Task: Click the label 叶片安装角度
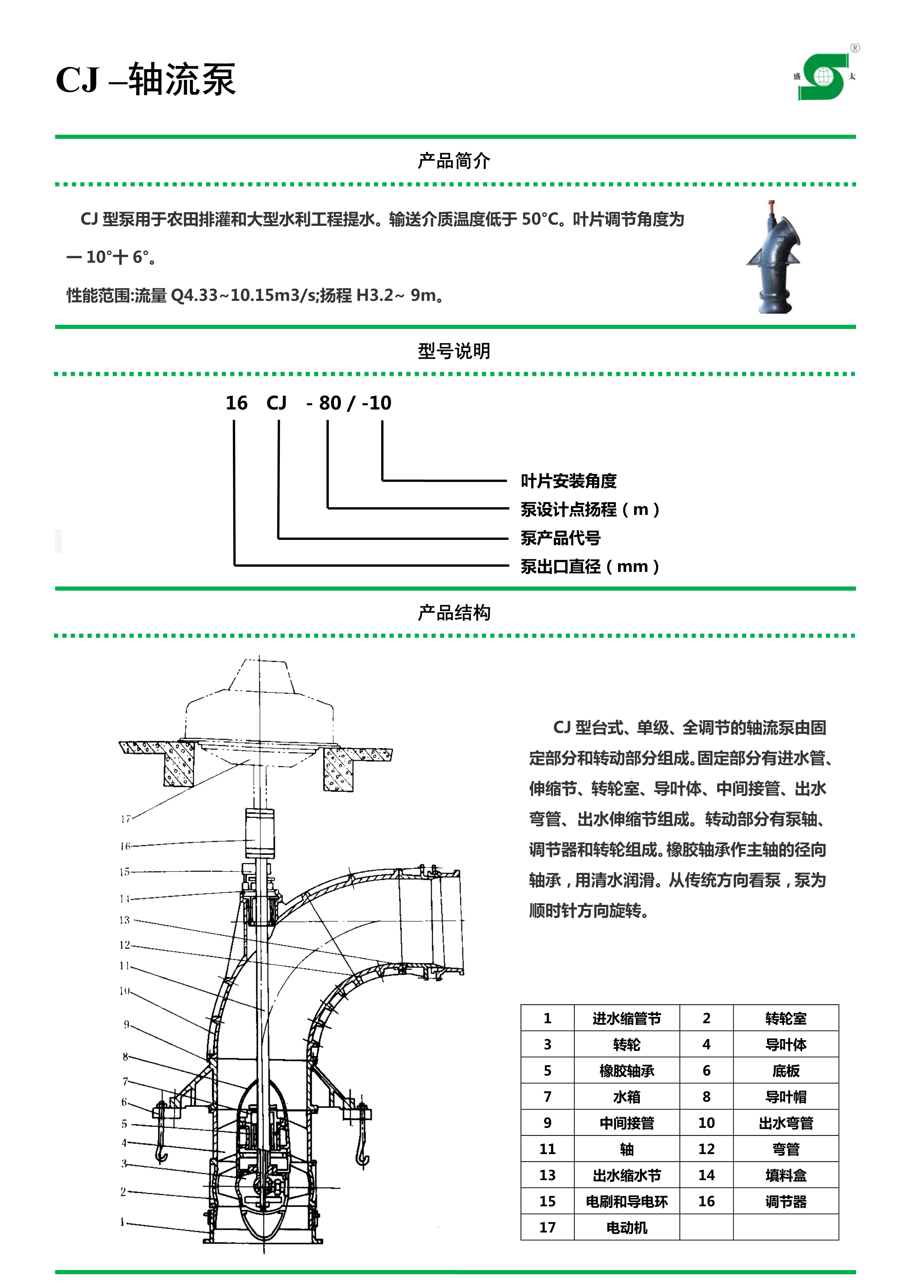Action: [568, 481]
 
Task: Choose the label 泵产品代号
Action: [561, 538]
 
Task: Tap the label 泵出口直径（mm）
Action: [590, 567]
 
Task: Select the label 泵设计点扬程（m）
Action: [590, 510]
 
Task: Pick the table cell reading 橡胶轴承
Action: [626, 1070]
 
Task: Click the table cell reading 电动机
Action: [626, 1228]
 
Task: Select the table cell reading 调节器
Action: [786, 1201]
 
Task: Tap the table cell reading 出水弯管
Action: [786, 1123]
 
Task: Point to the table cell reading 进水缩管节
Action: [626, 1018]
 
